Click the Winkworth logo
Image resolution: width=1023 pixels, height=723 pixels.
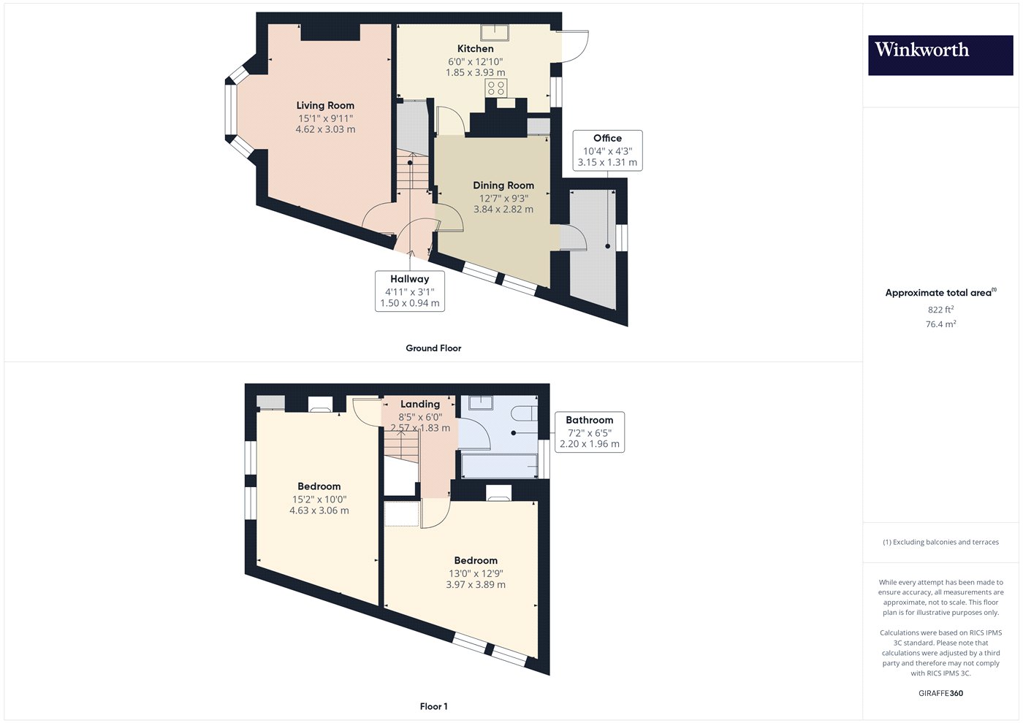pos(940,56)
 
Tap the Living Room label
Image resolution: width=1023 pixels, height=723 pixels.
pos(325,105)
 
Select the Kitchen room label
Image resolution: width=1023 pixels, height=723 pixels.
pos(476,48)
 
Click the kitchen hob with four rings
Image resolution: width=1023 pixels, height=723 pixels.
pos(496,88)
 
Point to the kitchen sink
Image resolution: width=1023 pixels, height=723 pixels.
pos(495,32)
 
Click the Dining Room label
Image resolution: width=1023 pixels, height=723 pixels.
pos(503,185)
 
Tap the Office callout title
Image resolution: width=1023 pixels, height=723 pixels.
pos(607,138)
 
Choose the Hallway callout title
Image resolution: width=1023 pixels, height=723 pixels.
pos(410,279)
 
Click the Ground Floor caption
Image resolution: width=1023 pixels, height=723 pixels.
pos(433,348)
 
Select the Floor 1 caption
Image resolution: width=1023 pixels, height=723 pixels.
pos(433,706)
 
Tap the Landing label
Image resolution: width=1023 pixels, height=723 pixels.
pos(420,404)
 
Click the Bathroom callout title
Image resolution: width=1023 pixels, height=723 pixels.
pos(590,420)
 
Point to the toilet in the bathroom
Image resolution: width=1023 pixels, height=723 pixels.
pos(524,413)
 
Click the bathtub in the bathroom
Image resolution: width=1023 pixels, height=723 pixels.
pos(499,466)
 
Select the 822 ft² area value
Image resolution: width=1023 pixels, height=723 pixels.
pos(941,310)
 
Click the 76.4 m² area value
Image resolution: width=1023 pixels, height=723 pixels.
pos(941,324)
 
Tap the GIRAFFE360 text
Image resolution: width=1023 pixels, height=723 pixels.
pos(941,693)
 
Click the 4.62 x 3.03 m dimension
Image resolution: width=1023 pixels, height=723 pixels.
pos(325,129)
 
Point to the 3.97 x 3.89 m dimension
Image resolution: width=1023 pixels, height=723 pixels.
pos(476,585)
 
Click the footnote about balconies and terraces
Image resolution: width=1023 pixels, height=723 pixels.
pos(941,542)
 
